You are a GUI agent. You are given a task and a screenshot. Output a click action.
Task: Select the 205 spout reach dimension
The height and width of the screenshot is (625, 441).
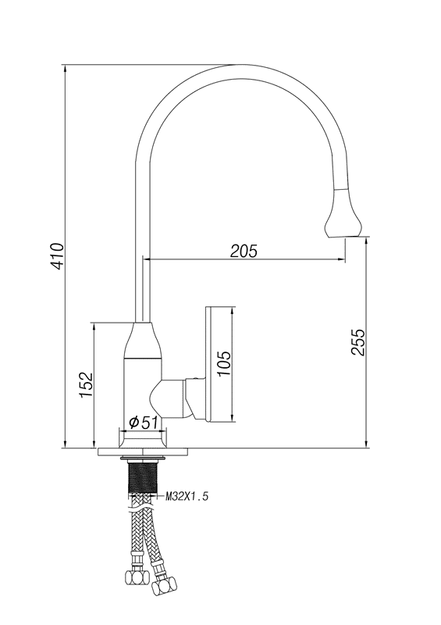click(x=244, y=251)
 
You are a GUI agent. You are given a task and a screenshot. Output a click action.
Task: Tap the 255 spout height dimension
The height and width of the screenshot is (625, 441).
click(x=357, y=341)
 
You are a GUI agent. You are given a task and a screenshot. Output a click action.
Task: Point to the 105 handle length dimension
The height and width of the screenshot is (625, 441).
click(x=224, y=363)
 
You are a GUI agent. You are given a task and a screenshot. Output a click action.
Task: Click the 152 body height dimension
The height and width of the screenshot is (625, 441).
click(x=86, y=384)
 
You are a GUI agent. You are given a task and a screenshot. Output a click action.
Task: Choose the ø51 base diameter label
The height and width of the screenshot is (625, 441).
click(x=144, y=422)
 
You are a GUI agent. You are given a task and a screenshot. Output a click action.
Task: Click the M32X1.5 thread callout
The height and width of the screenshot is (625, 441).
click(x=187, y=497)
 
